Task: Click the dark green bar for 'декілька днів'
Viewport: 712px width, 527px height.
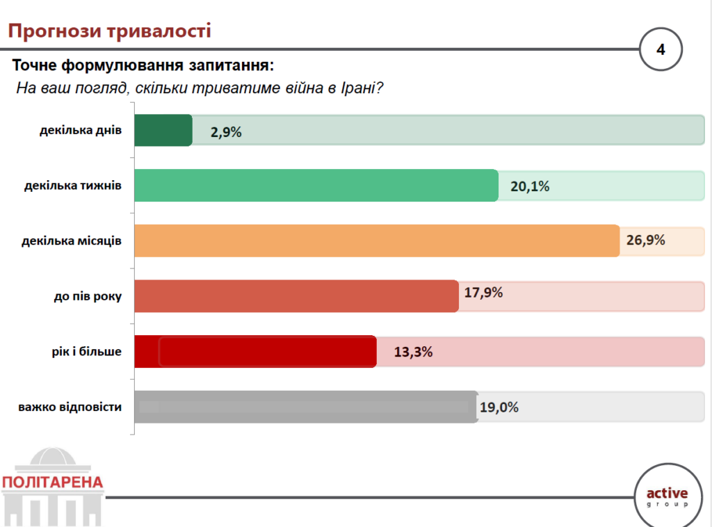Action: point(163,131)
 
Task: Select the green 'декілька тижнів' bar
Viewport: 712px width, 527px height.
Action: point(316,186)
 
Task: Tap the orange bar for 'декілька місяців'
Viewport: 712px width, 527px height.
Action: point(375,241)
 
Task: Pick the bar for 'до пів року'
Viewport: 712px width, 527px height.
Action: point(296,296)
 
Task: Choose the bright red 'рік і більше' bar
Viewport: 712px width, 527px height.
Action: point(254,351)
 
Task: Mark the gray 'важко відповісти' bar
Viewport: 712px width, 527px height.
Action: point(305,407)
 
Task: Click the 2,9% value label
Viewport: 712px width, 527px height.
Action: point(227,132)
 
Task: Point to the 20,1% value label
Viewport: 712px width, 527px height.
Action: point(530,186)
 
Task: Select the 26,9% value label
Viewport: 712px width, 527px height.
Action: point(646,241)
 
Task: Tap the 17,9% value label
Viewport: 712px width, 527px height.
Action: point(483,293)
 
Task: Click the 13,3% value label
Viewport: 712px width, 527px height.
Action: point(413,352)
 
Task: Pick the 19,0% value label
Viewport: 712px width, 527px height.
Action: point(499,407)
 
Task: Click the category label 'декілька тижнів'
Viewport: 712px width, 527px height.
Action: point(72,186)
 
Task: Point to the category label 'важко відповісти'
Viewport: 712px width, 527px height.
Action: point(70,407)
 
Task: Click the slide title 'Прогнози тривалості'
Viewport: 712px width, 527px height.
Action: point(109,31)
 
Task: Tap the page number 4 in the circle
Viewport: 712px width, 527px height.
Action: point(661,49)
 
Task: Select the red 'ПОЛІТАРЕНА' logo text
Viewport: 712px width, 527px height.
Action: point(52,482)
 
